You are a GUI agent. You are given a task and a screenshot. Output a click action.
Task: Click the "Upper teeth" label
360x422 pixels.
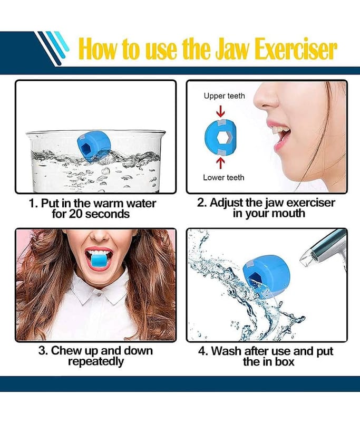click(x=224, y=96)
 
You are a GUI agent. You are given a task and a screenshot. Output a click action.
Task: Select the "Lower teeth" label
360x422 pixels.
click(x=223, y=177)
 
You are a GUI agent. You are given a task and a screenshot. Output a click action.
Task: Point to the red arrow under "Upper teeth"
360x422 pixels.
click(x=220, y=111)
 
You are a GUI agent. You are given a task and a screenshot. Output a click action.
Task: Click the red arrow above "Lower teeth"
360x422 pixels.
click(x=220, y=163)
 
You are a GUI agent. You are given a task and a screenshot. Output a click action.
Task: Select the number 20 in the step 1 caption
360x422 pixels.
click(x=75, y=214)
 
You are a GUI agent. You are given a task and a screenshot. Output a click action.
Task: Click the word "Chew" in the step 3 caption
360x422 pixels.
click(x=63, y=351)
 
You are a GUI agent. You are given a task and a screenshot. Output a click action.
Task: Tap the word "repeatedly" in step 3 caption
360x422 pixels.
click(x=95, y=361)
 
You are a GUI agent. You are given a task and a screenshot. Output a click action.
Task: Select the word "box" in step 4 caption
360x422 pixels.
click(x=284, y=361)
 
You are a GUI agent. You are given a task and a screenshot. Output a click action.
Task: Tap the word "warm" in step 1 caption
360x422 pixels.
click(x=110, y=203)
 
